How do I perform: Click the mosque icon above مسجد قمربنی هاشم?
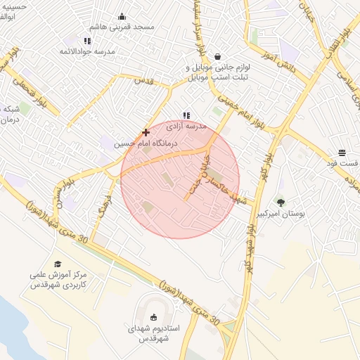(122, 17)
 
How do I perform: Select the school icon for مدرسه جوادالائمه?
(87, 41)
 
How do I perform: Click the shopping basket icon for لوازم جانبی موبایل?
(217, 56)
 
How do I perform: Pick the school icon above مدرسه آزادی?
(186, 115)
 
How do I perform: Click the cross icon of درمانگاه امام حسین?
(146, 132)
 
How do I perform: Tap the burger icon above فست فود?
(342, 153)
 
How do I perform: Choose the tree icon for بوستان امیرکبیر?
(281, 202)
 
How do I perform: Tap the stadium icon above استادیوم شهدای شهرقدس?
(155, 318)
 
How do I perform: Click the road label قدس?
(143, 81)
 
